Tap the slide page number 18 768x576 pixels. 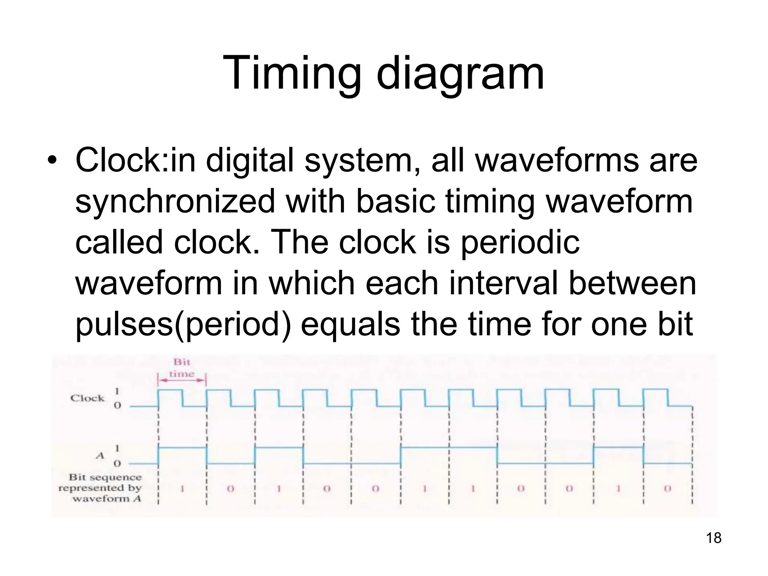coord(714,548)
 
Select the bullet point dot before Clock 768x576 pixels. coord(54,162)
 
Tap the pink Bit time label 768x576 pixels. coord(182,368)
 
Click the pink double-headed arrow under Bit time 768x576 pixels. coord(182,380)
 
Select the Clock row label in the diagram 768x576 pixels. coord(87,398)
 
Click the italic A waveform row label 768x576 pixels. coord(100,456)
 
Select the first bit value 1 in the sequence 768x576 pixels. coord(182,489)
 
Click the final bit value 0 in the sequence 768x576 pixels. coord(667,489)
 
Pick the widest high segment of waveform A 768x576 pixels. coord(448,447)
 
